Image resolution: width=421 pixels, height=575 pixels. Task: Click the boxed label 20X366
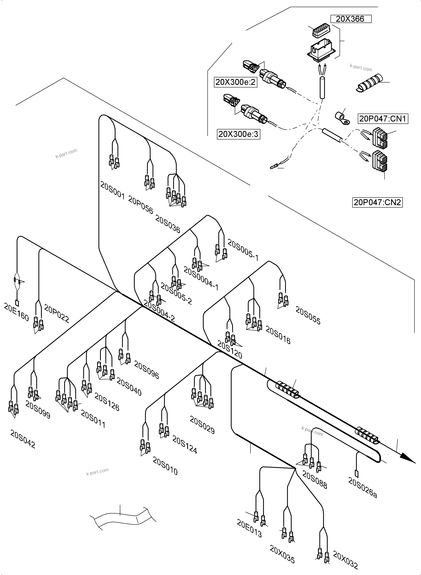click(351, 19)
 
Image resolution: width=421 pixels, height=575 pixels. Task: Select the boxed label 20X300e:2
click(235, 82)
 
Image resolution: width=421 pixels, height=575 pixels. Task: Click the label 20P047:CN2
click(377, 202)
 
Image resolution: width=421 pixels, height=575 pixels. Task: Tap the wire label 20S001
click(112, 190)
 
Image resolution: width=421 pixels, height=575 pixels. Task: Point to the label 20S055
click(308, 315)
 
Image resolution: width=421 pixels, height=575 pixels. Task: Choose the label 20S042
click(23, 439)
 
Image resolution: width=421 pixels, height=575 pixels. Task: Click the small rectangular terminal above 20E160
click(17, 303)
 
